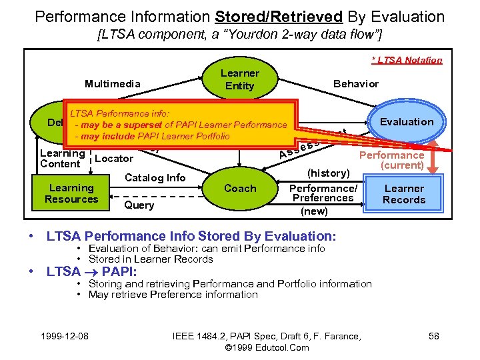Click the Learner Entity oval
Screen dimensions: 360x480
(x=240, y=80)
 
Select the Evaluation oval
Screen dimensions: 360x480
(x=406, y=121)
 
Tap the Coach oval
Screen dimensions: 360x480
(x=240, y=188)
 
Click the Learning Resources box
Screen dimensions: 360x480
(x=71, y=193)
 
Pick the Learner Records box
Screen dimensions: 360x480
(x=404, y=194)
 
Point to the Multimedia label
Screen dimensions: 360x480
(x=112, y=83)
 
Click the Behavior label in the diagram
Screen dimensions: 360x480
(x=355, y=83)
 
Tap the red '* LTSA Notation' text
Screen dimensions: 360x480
(x=407, y=60)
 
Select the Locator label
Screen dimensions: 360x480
(x=115, y=159)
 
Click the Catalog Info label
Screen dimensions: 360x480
(x=155, y=177)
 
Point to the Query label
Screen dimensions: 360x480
(x=139, y=205)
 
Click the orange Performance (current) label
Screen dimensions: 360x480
(x=392, y=160)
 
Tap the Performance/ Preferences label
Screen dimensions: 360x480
(x=323, y=193)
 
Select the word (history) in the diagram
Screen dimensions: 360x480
(x=328, y=173)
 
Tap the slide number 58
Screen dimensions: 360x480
(x=433, y=335)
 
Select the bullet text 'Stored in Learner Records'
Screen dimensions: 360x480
(x=151, y=259)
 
